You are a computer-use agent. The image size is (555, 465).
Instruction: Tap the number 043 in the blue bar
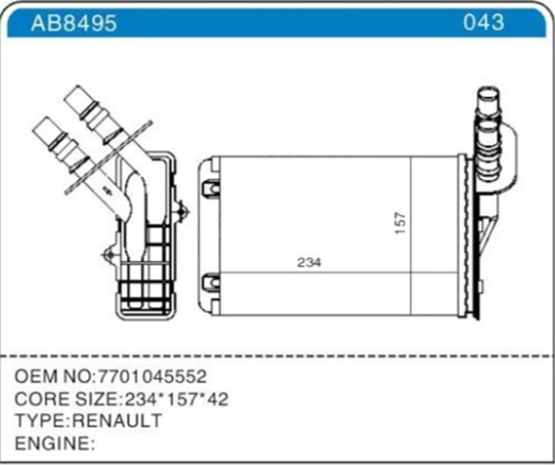483,22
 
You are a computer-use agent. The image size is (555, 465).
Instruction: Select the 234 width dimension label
309,263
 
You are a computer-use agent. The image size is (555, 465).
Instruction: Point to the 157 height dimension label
401,222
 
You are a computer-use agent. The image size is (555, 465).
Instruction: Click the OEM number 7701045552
150,377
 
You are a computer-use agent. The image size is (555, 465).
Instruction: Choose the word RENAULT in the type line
118,421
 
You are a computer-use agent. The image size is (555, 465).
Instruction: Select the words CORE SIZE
64,399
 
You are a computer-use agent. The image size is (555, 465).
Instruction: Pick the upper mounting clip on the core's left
211,188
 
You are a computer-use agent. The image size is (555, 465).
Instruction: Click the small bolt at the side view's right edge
184,212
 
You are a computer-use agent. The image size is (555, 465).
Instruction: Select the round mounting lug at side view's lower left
109,254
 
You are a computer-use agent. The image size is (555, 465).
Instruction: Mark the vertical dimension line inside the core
411,236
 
